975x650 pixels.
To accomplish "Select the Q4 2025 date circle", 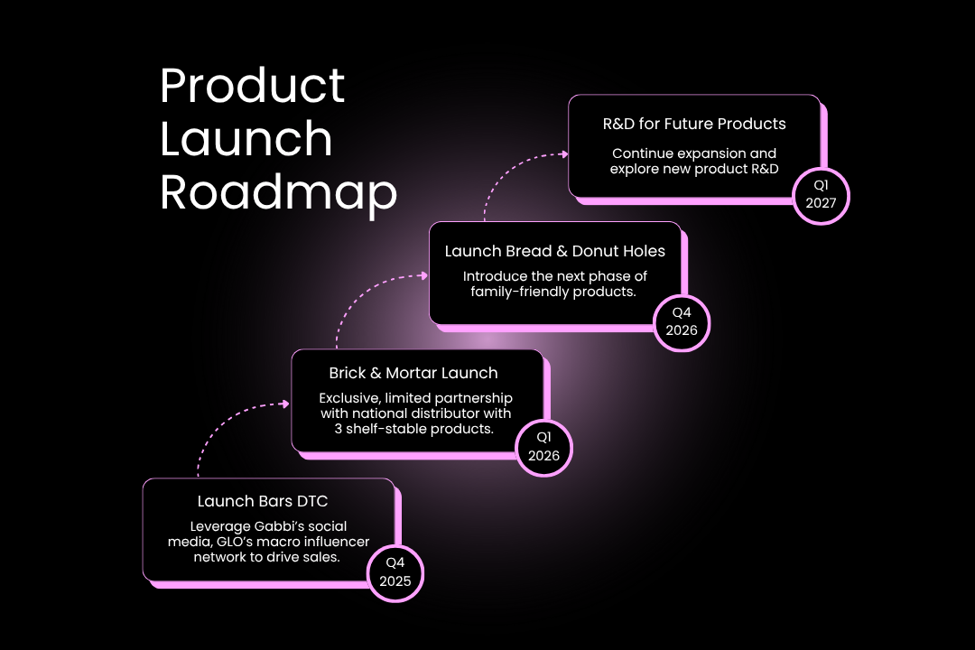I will [395, 571].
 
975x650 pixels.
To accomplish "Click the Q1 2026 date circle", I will [543, 446].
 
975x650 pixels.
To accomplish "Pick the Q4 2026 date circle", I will [682, 321].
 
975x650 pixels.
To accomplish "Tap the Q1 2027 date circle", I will [821, 195].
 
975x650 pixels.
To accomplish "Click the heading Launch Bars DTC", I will [268, 501].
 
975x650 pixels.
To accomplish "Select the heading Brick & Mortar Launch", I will [413, 373].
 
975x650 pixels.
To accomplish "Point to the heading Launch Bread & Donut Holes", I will [554, 251].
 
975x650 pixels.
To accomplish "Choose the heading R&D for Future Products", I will [694, 124].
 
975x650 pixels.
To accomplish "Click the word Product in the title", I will [253, 87].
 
